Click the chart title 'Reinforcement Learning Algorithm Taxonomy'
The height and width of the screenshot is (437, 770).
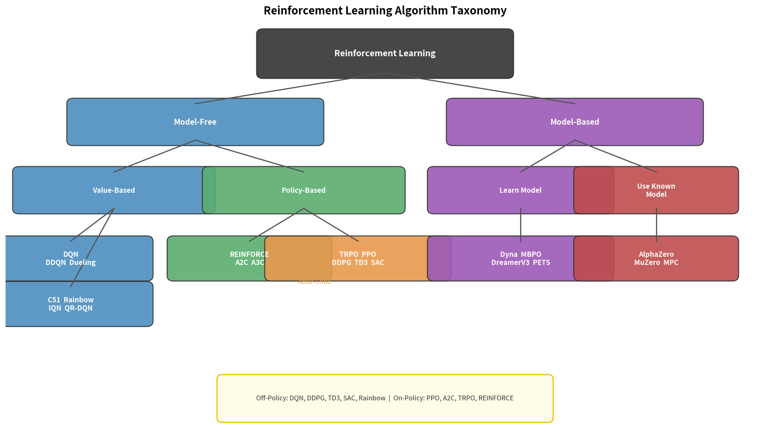(x=385, y=10)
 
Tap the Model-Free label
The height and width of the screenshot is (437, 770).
(x=195, y=122)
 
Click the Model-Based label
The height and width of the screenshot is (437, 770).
(x=575, y=122)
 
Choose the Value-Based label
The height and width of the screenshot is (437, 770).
(x=114, y=190)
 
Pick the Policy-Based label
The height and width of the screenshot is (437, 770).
(x=304, y=190)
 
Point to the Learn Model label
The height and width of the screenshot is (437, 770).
(x=520, y=190)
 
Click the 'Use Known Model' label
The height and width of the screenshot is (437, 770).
(x=656, y=190)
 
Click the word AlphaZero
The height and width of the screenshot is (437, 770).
(x=656, y=254)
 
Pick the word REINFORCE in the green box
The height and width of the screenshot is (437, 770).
(x=249, y=254)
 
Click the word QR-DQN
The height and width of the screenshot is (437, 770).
(x=81, y=308)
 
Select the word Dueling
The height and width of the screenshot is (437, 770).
(x=83, y=262)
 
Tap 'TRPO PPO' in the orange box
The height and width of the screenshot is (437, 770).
(x=358, y=254)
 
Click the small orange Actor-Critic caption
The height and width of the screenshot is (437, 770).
(x=314, y=282)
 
